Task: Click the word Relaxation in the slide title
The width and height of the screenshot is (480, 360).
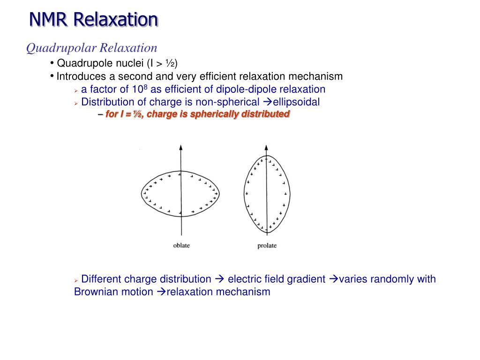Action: click(116, 20)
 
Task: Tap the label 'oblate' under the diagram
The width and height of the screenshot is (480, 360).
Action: click(181, 246)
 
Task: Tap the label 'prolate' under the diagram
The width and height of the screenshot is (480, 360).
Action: click(267, 246)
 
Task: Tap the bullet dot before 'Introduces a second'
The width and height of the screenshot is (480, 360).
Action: click(51, 76)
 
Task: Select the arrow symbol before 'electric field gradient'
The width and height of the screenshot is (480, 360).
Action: click(219, 279)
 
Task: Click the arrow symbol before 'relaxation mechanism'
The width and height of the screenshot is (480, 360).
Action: click(161, 292)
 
